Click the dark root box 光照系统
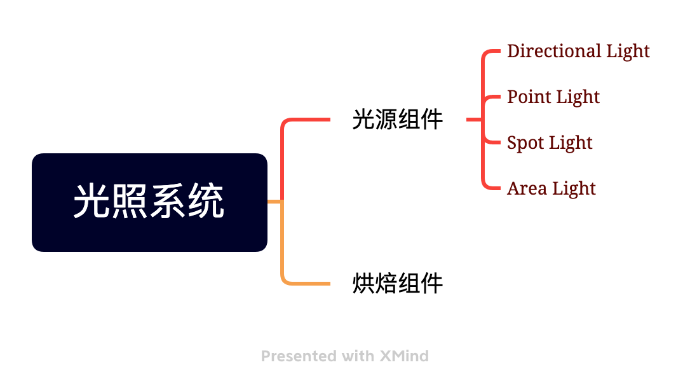(149, 202)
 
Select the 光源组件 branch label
(398, 120)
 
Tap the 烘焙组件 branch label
(398, 283)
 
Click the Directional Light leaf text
(578, 51)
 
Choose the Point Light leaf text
(553, 97)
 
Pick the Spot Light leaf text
(550, 142)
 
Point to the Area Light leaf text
(551, 188)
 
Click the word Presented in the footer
(298, 356)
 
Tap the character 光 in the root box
(88, 202)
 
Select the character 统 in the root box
(208, 202)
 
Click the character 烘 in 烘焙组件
(363, 283)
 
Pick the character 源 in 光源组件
(386, 120)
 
